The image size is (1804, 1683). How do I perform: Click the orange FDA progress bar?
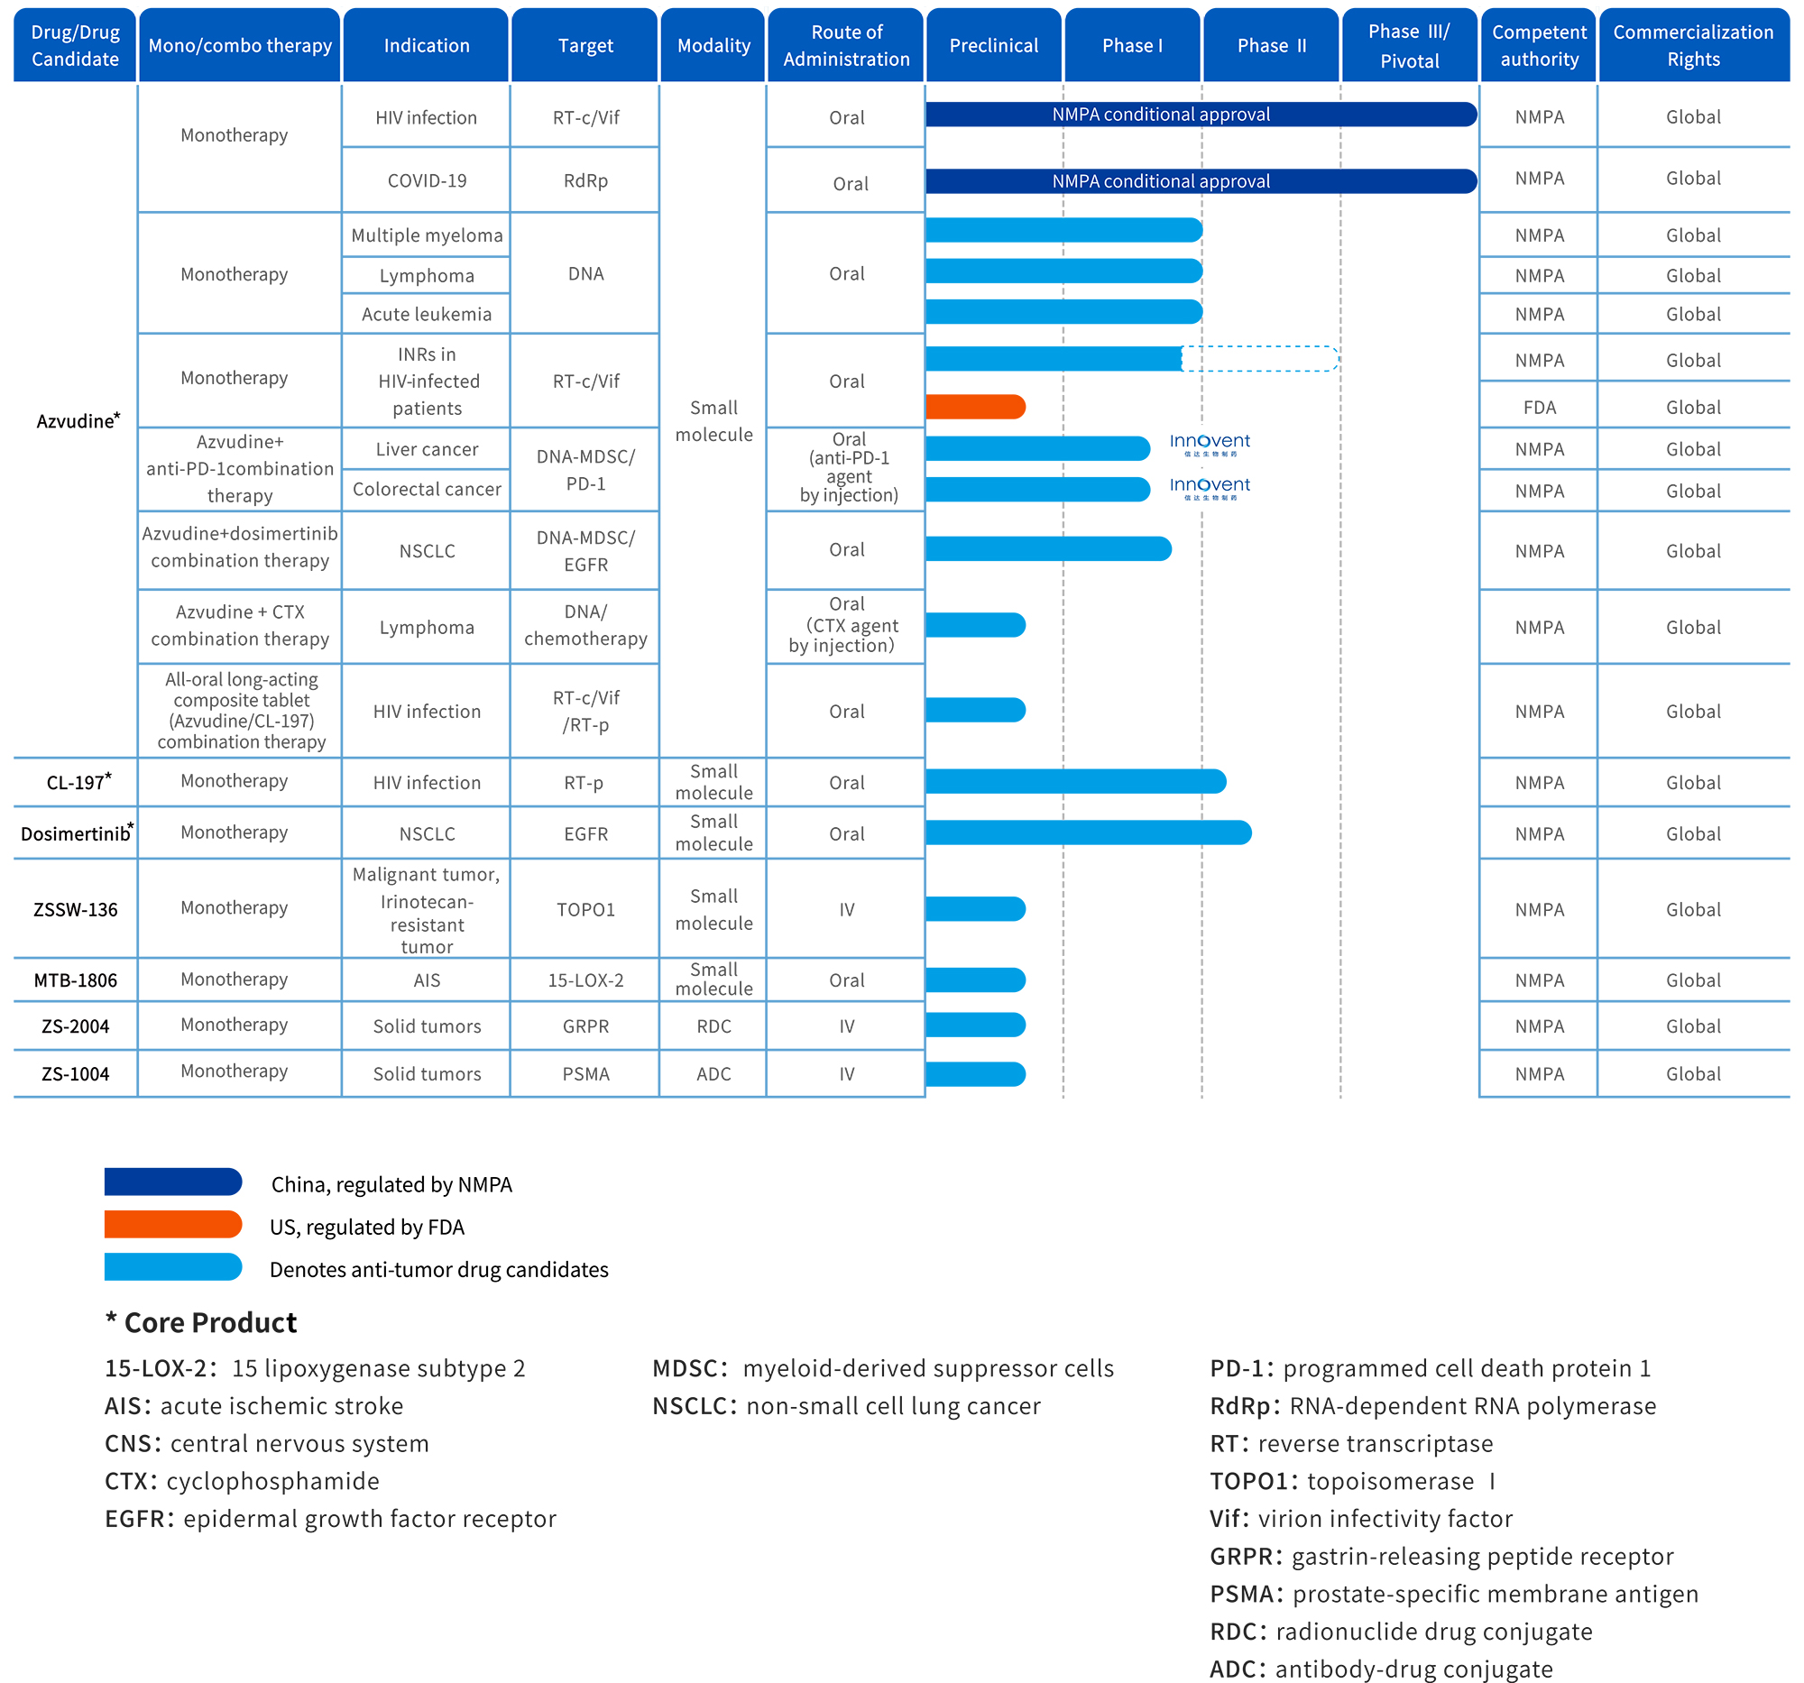(x=975, y=407)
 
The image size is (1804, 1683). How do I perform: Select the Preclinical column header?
(x=994, y=45)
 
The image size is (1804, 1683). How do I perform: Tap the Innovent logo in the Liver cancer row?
(x=1210, y=445)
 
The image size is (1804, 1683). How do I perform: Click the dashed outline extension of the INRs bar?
(x=1260, y=358)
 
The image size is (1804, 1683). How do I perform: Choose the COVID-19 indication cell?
(x=427, y=180)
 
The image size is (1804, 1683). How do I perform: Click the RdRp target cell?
(x=585, y=180)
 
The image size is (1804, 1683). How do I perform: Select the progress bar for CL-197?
(x=1076, y=781)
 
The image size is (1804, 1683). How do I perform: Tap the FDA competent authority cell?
(x=1539, y=408)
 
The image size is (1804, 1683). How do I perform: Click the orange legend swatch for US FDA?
(x=173, y=1224)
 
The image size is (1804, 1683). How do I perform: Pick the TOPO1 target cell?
(x=585, y=909)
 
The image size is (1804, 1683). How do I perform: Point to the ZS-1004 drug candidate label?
(x=76, y=1073)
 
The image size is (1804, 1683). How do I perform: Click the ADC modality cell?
(x=713, y=1073)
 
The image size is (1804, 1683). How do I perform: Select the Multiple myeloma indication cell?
(x=427, y=235)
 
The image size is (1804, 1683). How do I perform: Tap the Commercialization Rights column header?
(x=1693, y=45)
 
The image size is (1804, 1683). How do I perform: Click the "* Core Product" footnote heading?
(x=201, y=1322)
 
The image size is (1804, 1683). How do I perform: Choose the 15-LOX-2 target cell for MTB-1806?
(x=585, y=979)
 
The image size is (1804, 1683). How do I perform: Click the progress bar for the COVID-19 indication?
(x=1201, y=180)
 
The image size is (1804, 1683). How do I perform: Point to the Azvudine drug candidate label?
(x=78, y=420)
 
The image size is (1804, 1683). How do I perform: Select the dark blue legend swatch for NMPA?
(x=173, y=1182)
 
